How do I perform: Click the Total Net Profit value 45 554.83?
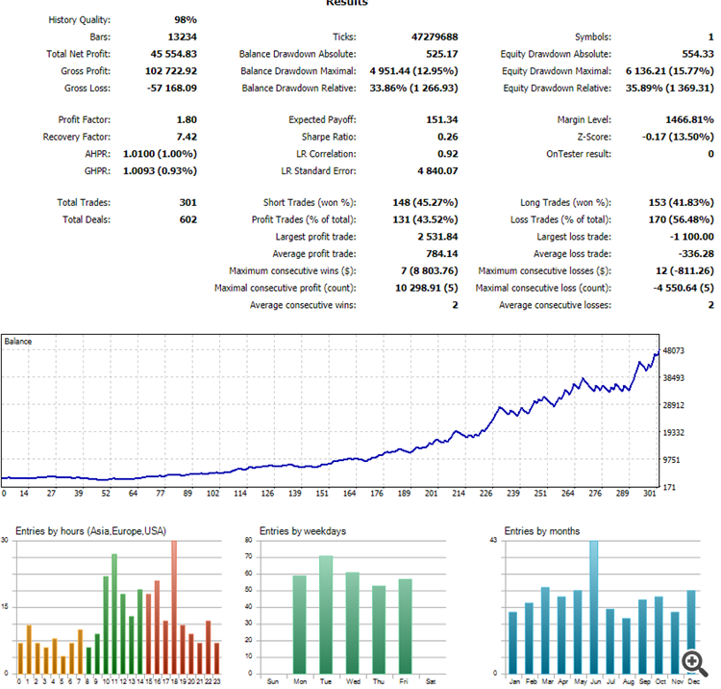click(173, 54)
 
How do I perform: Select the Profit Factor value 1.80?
click(186, 119)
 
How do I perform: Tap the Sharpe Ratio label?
click(329, 137)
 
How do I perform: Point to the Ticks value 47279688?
click(435, 37)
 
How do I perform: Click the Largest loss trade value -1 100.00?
click(691, 237)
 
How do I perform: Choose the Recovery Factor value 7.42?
click(186, 137)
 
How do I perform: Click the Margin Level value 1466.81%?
click(689, 119)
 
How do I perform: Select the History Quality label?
click(80, 20)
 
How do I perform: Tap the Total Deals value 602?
click(188, 219)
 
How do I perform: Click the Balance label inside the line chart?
click(18, 342)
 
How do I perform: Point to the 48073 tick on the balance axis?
click(674, 350)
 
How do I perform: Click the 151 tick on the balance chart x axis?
click(322, 494)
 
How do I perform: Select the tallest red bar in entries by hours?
click(174, 607)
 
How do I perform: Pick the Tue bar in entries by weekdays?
click(326, 615)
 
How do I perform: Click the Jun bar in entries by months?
click(594, 607)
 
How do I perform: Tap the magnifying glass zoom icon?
click(694, 664)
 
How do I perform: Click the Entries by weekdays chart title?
click(303, 531)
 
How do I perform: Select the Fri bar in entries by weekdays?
click(405, 626)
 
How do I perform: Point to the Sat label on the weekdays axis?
click(431, 681)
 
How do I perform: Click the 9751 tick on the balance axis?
click(671, 460)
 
